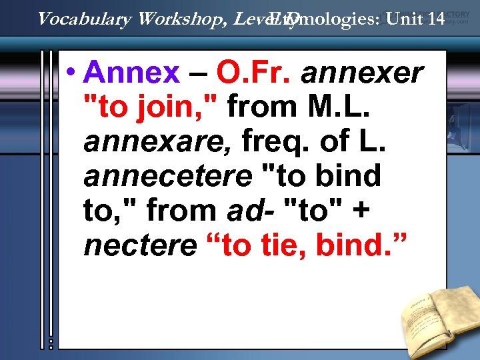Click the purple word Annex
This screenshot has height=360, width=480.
[x=133, y=73]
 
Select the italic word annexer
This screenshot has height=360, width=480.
[x=362, y=73]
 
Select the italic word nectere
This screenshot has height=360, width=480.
[x=140, y=245]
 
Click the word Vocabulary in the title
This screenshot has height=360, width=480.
[x=83, y=19]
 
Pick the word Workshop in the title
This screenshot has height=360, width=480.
[x=179, y=19]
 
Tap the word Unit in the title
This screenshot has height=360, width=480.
[x=403, y=19]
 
